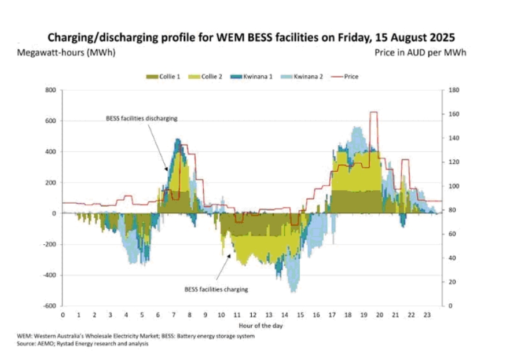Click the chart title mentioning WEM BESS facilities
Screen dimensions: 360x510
(x=251, y=37)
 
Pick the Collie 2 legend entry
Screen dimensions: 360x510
(x=211, y=76)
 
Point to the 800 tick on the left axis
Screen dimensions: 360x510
(x=51, y=90)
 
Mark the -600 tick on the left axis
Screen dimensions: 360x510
(x=50, y=306)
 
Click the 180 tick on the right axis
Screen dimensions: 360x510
(x=454, y=90)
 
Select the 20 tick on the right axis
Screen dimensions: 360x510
(x=452, y=282)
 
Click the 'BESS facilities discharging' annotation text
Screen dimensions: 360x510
(x=141, y=118)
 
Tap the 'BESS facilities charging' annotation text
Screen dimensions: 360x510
(x=216, y=289)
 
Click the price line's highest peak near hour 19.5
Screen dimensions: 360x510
(x=373, y=112)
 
